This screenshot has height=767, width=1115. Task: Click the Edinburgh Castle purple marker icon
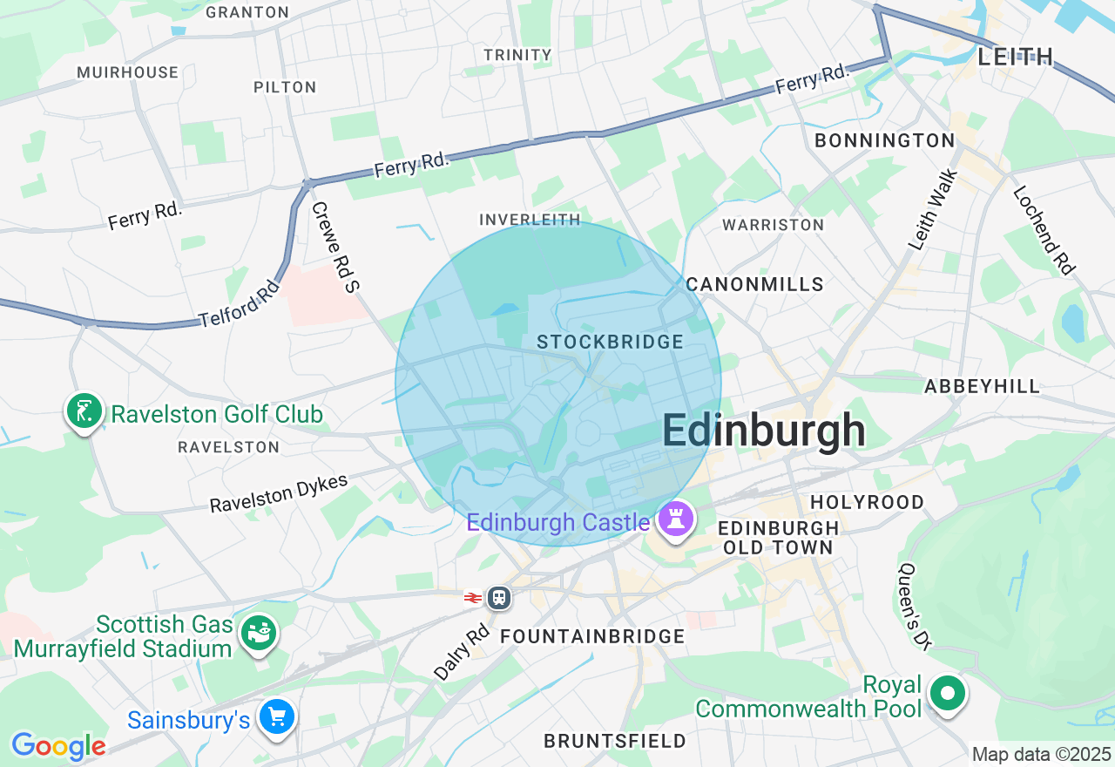tap(676, 520)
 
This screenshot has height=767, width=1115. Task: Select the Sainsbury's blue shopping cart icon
tap(278, 718)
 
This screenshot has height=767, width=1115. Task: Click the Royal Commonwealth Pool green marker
tap(947, 695)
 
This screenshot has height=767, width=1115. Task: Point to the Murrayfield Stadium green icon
tap(258, 633)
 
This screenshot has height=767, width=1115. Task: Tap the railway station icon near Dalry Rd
tap(498, 598)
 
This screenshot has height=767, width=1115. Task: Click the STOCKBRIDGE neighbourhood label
tap(610, 342)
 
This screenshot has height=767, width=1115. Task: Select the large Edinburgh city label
tap(764, 431)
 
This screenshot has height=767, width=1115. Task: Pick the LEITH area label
tap(1016, 58)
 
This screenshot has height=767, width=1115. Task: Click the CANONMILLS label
tap(754, 284)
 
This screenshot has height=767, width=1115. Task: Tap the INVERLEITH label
tap(530, 220)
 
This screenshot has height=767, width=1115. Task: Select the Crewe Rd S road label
tap(334, 246)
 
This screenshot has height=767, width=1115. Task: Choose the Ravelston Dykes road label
tap(279, 493)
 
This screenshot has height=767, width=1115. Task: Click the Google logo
tap(57, 746)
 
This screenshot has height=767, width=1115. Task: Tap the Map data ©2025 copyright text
tap(1042, 754)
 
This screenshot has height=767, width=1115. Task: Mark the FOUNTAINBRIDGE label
tap(592, 637)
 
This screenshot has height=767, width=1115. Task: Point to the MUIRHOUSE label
tap(127, 72)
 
